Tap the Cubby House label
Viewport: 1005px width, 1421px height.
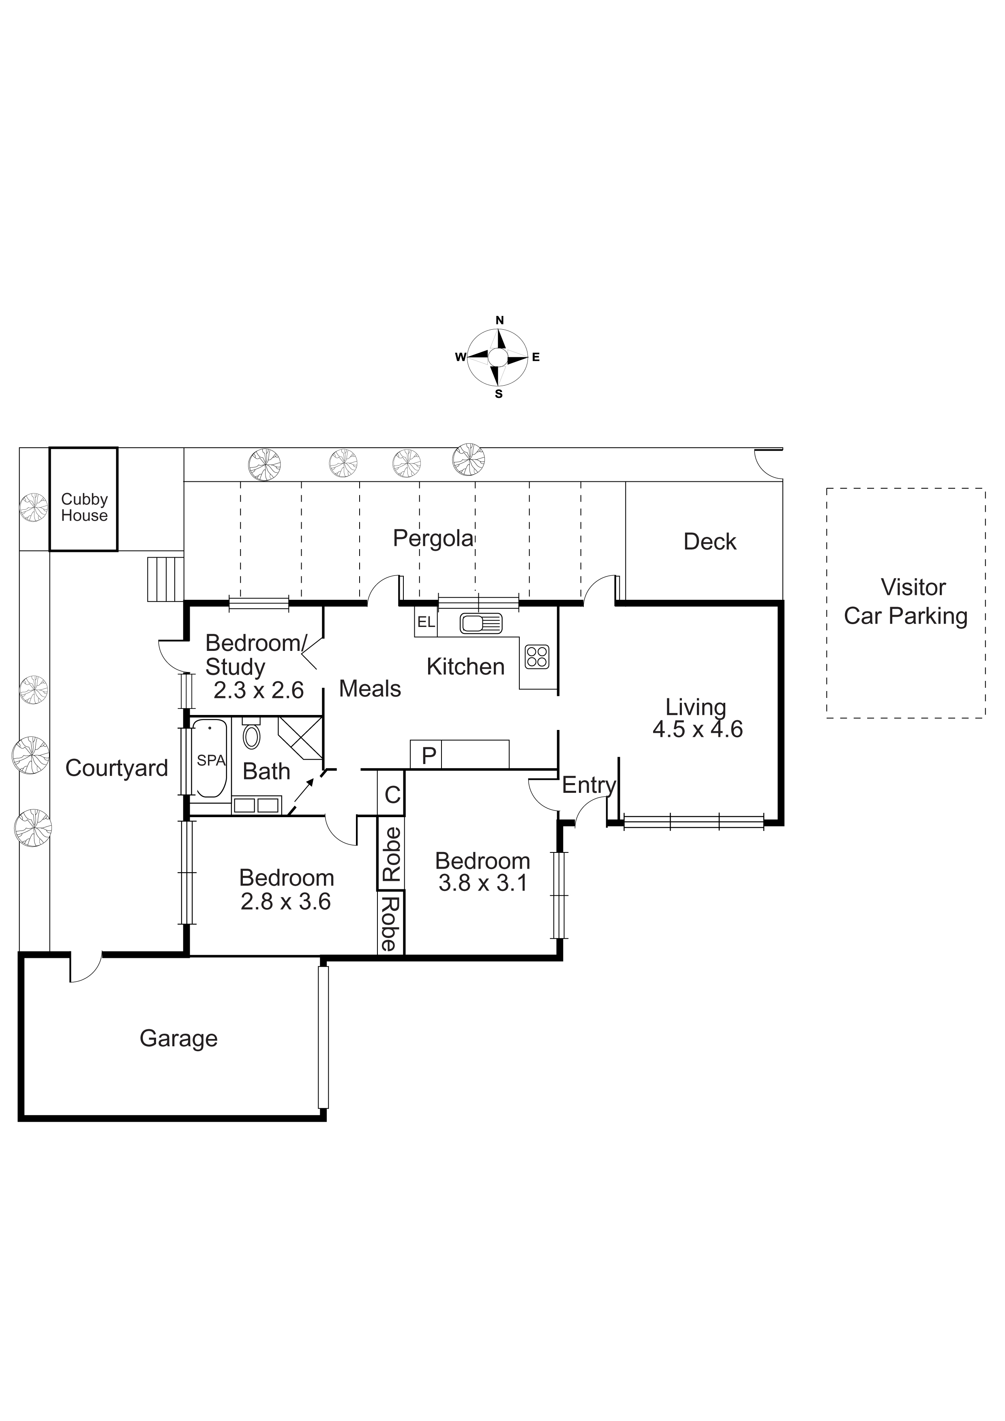click(84, 507)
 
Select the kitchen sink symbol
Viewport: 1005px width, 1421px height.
click(481, 623)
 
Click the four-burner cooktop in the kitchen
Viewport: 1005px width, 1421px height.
click(536, 657)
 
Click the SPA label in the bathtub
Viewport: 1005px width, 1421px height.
click(211, 761)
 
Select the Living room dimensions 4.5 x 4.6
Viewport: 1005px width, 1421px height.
click(697, 729)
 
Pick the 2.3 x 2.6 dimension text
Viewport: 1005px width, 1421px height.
click(259, 690)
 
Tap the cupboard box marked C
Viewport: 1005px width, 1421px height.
click(392, 794)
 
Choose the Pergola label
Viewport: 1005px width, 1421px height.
click(433, 539)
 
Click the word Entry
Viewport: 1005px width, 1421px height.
click(589, 786)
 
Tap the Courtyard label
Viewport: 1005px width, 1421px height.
click(116, 768)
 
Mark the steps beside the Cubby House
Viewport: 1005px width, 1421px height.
click(166, 579)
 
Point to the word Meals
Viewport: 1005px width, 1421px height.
click(370, 689)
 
